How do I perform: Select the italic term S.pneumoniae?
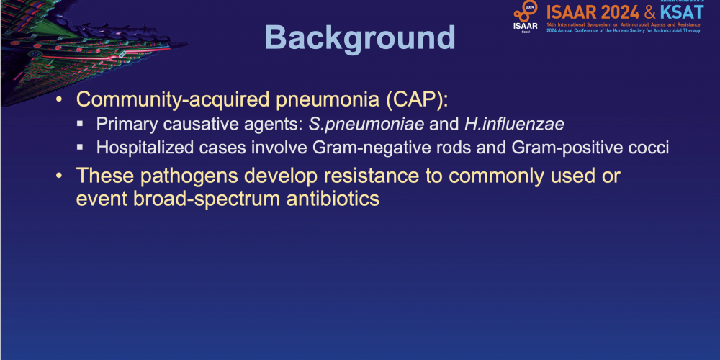pyautogui.click(x=366, y=125)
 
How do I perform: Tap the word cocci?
pyautogui.click(x=642, y=148)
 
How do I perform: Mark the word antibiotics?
pyautogui.click(x=332, y=199)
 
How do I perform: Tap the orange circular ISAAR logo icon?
pyautogui.click(x=526, y=11)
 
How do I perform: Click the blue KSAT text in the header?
pyautogui.click(x=681, y=12)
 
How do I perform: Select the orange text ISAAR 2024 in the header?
pyautogui.click(x=593, y=12)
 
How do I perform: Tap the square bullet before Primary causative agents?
pyautogui.click(x=81, y=124)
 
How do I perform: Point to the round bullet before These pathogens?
pyautogui.click(x=58, y=176)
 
